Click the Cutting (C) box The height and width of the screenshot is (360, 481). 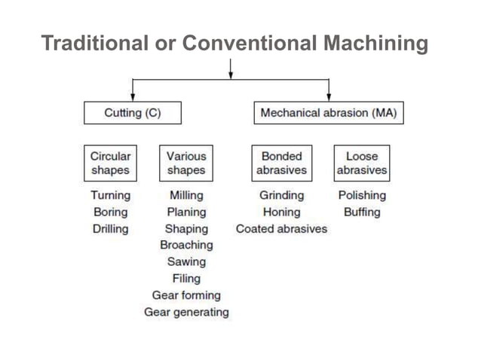[132, 113]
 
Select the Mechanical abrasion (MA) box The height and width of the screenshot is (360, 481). [328, 113]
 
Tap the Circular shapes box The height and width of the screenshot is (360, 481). [110, 163]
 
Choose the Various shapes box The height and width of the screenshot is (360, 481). [186, 163]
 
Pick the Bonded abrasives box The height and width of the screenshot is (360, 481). [281, 163]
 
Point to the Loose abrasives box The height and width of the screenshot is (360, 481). [362, 163]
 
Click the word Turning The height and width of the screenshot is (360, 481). [110, 195]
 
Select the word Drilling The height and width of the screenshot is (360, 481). [110, 228]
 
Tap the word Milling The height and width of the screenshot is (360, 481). [186, 195]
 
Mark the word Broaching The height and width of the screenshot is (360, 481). [186, 245]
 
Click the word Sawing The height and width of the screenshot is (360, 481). [186, 262]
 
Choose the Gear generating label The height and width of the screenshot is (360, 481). [186, 312]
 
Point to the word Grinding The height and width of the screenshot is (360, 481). [281, 195]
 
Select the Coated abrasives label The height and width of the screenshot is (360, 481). [281, 228]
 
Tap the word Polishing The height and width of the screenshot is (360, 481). [362, 195]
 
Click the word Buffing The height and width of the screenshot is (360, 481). [362, 212]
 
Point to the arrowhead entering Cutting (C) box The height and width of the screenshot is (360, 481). [133, 97]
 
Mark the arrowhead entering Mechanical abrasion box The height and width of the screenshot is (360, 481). [329, 97]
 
